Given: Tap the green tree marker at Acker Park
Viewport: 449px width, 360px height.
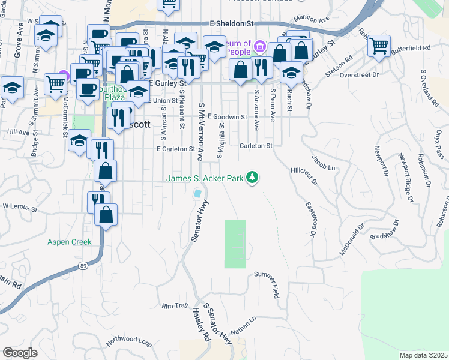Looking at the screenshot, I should point(253,178).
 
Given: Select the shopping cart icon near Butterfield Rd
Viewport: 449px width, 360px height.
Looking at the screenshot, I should point(379,47).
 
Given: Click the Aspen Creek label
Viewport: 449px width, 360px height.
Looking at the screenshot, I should point(70,242).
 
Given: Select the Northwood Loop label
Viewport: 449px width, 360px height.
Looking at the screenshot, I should point(128,341).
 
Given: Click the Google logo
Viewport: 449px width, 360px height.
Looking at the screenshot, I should point(20,353).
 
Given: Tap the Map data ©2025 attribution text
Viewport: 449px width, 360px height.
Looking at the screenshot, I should point(423,355).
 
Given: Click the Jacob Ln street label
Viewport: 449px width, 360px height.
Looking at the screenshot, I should point(322,161).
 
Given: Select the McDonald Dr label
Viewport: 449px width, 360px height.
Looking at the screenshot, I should point(352,240).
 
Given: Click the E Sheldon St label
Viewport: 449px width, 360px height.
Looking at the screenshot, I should point(232,23).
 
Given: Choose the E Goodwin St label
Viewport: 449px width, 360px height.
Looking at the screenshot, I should point(228,117).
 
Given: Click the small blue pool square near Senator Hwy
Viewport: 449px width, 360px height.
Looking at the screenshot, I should point(197,194).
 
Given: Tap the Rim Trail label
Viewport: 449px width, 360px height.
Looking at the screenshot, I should point(175,306).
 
